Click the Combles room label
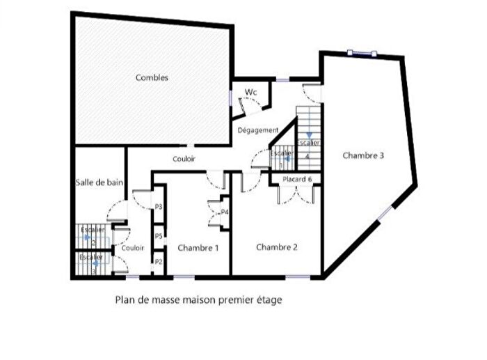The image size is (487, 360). pos(152,78)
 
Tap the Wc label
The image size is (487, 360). pos(250,92)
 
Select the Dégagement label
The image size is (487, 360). pos(258,130)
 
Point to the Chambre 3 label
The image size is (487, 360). pos(363,156)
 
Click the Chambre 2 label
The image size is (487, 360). pos(277,247)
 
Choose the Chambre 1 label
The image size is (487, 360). pos(198,248)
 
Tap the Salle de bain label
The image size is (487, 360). pos(99,182)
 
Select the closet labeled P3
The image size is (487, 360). pos(159,207)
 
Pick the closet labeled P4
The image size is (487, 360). pos(225,212)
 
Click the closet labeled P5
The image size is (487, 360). pos(159,237)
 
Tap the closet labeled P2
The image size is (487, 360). pos(159,262)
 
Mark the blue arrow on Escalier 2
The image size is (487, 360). pos(88,237)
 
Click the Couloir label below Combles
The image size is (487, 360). pos(184,159)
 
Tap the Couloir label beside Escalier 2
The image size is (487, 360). pos(132,248)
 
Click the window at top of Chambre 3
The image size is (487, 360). pos(362,54)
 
